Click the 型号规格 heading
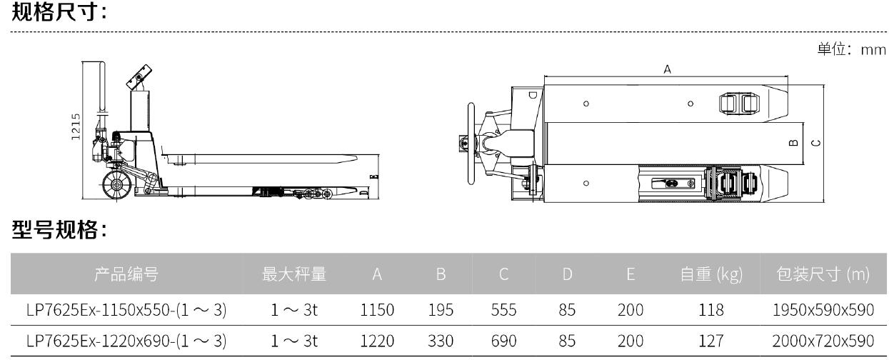tap(59, 230)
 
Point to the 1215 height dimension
tap(76, 128)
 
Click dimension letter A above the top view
tap(667, 69)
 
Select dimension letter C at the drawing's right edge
tap(817, 142)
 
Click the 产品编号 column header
tap(126, 274)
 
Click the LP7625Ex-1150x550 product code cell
tap(126, 309)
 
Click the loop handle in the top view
tap(471, 142)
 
